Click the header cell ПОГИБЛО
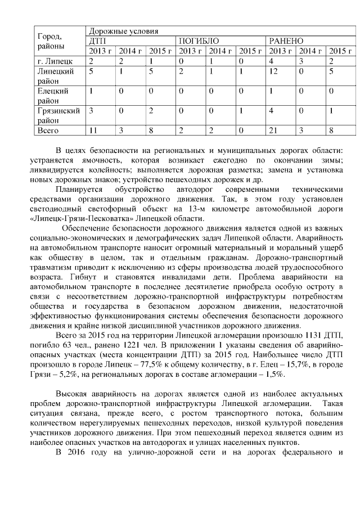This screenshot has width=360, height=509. [x=199, y=41]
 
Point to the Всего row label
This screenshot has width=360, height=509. [x=48, y=130]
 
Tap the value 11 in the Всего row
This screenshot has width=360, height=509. [x=94, y=130]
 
